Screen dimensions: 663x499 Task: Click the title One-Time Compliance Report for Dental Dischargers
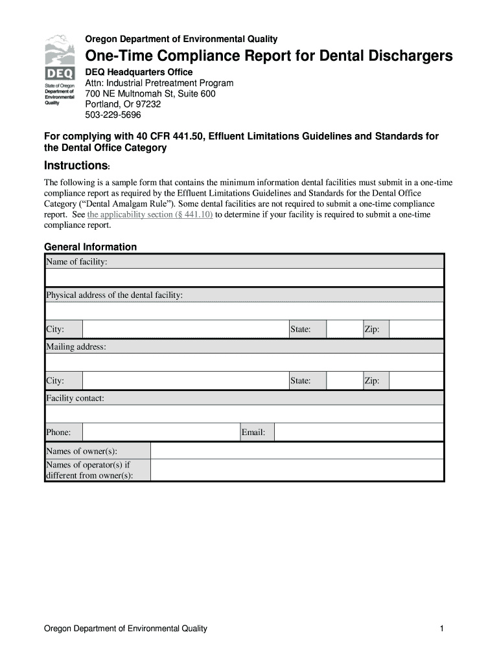coord(269,56)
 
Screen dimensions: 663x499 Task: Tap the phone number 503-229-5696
coord(113,115)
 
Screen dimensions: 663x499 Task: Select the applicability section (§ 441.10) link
coord(150,214)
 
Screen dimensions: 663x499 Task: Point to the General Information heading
coord(90,247)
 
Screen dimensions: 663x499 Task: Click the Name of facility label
coord(76,262)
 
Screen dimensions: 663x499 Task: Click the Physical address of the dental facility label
coord(114,295)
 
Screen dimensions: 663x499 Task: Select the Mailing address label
coord(76,347)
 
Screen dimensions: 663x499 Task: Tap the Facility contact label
coord(75,398)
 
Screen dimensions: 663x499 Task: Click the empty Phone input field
coord(160,433)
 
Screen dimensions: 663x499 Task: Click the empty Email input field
coord(359,433)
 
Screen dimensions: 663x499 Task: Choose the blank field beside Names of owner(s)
coord(297,451)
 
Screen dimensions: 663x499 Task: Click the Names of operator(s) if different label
coord(89,470)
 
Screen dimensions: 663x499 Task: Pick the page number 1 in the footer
coord(441,629)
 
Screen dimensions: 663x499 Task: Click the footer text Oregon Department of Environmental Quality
coord(125,629)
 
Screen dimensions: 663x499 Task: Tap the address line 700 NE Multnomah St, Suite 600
coord(150,94)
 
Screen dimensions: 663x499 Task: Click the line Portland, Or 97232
coord(123,104)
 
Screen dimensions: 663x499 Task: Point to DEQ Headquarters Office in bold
coord(139,72)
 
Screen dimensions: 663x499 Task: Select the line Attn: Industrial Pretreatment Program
coord(159,83)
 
